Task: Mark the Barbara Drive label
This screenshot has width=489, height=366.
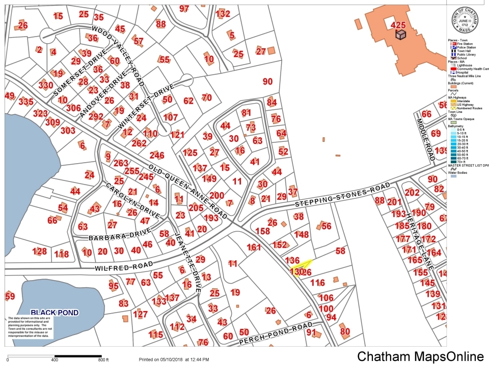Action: coord(113,235)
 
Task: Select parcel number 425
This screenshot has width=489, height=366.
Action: coord(398,24)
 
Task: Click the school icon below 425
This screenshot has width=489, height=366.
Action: coord(401,34)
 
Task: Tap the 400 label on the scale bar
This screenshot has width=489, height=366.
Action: coord(55,360)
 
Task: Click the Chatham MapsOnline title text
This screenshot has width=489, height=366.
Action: coord(420,357)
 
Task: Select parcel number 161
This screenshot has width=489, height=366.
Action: coord(254,248)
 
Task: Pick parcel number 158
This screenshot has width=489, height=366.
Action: coord(262,231)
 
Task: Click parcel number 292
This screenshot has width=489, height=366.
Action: coord(96,116)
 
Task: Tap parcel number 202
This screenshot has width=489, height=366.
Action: coord(412,193)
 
